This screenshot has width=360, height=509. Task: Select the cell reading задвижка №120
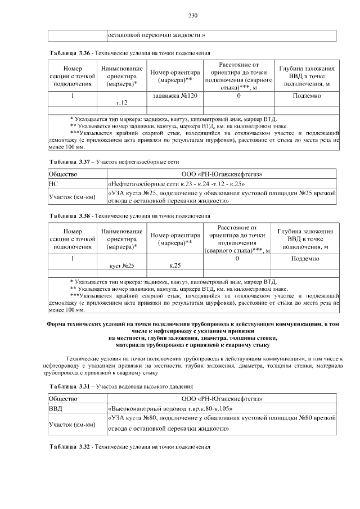coord(175,96)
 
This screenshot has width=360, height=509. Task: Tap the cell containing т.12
coord(121,103)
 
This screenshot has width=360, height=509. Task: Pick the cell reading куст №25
coord(121,264)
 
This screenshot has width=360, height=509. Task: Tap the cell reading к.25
coord(175,264)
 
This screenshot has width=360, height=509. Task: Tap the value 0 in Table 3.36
coord(238,96)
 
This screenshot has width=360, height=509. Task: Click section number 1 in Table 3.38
coord(73,258)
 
